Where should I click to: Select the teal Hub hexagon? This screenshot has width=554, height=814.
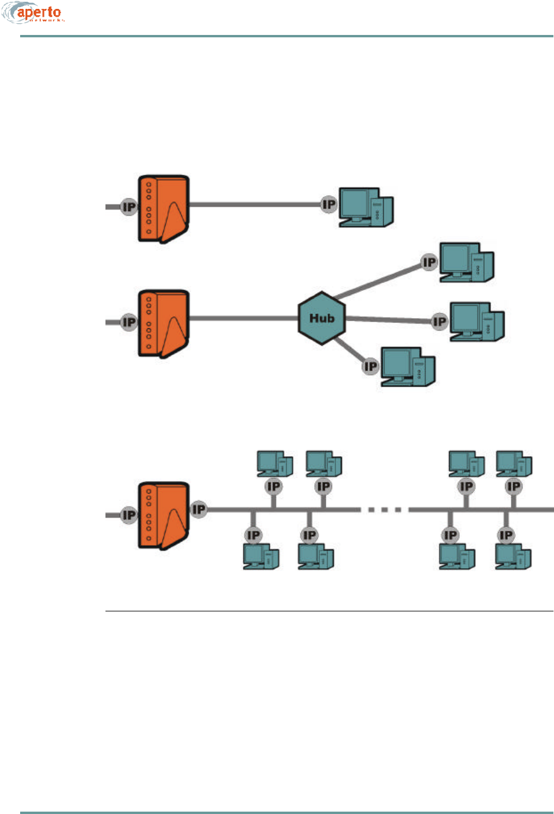322,318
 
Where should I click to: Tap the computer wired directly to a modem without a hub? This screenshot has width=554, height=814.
366,207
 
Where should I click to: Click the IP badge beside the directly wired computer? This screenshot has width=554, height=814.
329,205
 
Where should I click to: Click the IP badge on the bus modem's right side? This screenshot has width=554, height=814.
198,509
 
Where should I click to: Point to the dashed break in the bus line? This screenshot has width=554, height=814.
384,509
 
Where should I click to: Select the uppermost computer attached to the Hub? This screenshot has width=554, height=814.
466,262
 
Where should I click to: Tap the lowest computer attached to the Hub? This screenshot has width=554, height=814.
408,367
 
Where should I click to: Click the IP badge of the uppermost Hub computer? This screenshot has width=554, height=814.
429,262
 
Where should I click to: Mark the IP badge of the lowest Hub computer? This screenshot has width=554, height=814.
370,367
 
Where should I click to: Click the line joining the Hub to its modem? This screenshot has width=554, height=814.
243,319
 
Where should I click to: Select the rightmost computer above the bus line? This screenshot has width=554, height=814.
514,464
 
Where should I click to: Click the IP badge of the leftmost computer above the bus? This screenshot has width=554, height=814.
273,486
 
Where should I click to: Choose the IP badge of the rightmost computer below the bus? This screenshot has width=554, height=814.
505,536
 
